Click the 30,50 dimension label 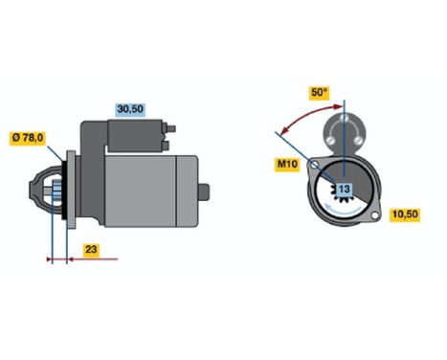point(129,109)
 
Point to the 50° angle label point(317,94)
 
